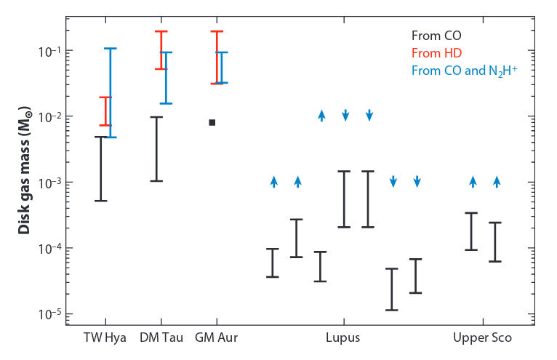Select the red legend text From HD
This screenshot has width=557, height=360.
[x=436, y=52]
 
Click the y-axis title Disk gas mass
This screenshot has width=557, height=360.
[x=24, y=174]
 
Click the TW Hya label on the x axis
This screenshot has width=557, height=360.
[x=105, y=338]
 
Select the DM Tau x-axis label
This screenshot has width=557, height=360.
[x=161, y=338]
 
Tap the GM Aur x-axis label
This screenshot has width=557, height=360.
[x=216, y=338]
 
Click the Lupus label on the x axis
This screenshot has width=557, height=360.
[x=343, y=338]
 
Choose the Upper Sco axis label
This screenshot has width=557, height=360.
[x=482, y=338]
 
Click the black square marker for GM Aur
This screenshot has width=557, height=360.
[x=212, y=122]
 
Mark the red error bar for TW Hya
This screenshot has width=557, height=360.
[x=105, y=111]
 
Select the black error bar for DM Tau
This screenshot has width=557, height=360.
[x=156, y=148]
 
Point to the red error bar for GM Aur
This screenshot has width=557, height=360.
[x=216, y=57]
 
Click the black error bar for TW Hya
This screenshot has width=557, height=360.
[x=101, y=169]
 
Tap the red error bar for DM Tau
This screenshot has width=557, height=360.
[x=161, y=50]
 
